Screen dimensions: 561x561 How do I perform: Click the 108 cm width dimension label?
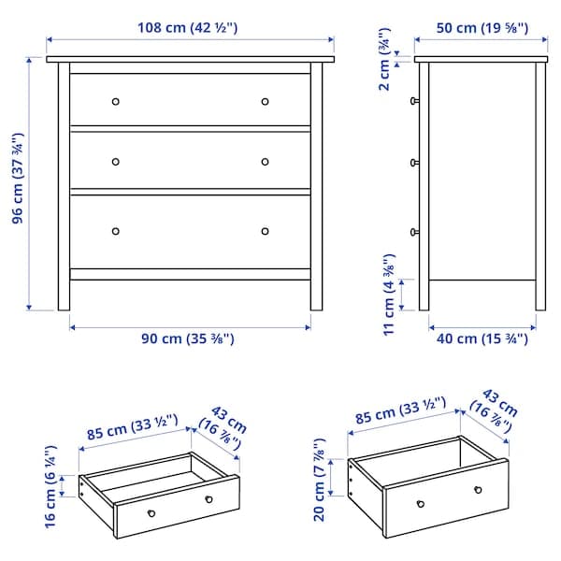190,27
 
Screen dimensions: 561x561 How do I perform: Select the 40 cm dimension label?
482,339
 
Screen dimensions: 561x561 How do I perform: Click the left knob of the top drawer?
116,101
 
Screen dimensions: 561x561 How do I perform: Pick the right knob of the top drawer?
265,101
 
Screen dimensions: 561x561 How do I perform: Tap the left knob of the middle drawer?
116,161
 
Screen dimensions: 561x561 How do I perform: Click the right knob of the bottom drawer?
265,231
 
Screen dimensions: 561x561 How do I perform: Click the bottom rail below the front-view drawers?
190,274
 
